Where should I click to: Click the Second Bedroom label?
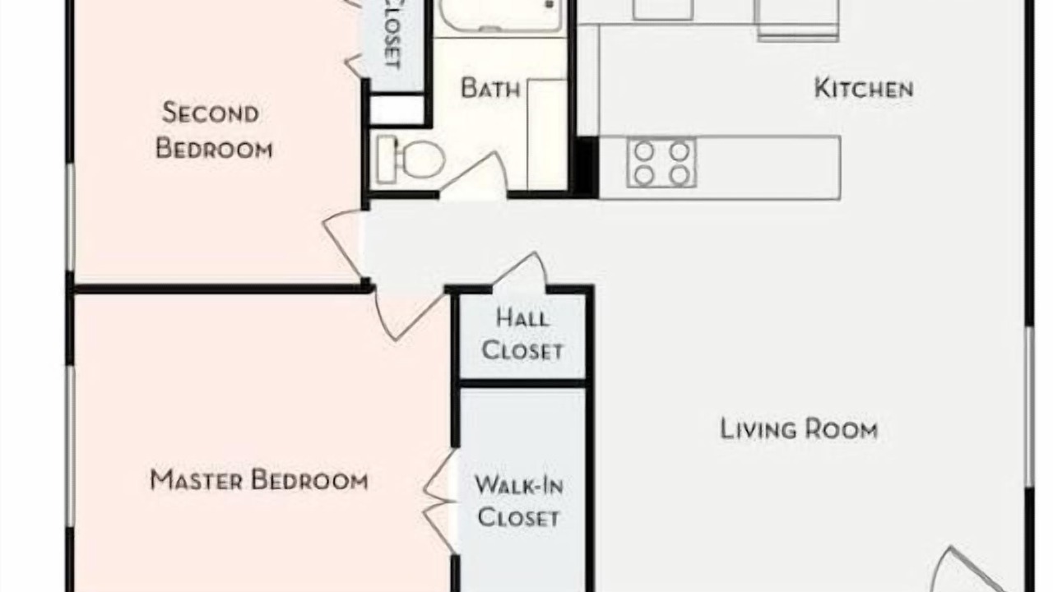click(214, 131)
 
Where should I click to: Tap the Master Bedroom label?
click(259, 479)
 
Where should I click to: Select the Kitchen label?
click(864, 88)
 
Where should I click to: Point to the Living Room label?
click(799, 429)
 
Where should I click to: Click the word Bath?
click(490, 88)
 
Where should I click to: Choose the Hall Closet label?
click(522, 335)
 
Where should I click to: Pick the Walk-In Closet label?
click(519, 502)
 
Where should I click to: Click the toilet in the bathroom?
click(411, 159)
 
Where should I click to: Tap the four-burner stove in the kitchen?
click(661, 163)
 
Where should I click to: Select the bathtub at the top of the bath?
click(500, 15)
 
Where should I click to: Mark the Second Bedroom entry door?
click(341, 243)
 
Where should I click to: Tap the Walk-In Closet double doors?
click(440, 502)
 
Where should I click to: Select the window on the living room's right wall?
click(1028, 407)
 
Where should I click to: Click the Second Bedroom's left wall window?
click(71, 218)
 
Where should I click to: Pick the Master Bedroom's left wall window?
click(71, 446)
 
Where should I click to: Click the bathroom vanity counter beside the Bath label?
click(547, 134)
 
